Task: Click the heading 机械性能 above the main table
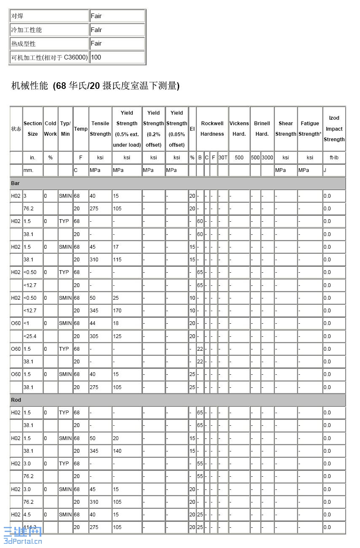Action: pyautogui.click(x=95, y=86)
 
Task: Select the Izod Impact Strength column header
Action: pyautogui.click(x=334, y=129)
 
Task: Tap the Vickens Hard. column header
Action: pyautogui.click(x=239, y=129)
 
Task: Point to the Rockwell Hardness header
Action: pyautogui.click(x=212, y=129)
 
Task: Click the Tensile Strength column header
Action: pyautogui.click(x=100, y=129)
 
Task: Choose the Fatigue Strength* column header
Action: pyautogui.click(x=310, y=129)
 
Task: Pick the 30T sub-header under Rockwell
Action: pyautogui.click(x=223, y=158)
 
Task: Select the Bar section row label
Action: pyautogui.click(x=16, y=183)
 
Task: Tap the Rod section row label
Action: pyautogui.click(x=16, y=400)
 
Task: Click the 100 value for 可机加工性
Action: pyautogui.click(x=96, y=57)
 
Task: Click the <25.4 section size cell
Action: pyautogui.click(x=30, y=336)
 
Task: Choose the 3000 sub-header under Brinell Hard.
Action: pyautogui.click(x=267, y=158)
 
